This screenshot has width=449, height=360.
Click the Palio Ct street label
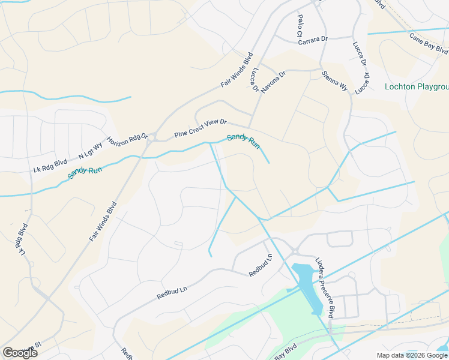[299, 26]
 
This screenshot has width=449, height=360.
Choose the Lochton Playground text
[417, 87]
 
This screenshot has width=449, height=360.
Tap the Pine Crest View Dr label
[200, 128]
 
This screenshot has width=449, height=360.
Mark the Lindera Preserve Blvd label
[325, 287]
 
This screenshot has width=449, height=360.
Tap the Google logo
[19, 353]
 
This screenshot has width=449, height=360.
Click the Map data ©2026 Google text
[412, 355]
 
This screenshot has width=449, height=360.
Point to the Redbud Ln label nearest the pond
[261, 266]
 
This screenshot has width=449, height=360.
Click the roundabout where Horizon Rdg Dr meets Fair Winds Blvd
[152, 137]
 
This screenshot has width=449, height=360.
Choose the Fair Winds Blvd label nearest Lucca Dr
[236, 73]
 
